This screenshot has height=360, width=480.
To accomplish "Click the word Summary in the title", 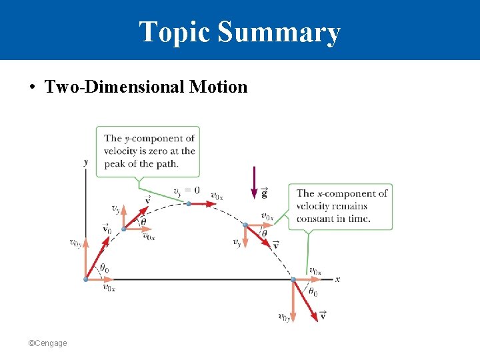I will point(279,32).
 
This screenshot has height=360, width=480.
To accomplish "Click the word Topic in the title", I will point(174,32).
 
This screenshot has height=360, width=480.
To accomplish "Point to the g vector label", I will point(265,193).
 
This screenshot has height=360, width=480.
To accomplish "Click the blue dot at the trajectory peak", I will point(189,203).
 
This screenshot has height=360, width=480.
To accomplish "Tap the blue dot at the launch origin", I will point(85,279).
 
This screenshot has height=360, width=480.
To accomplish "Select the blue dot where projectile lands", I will point(293,279).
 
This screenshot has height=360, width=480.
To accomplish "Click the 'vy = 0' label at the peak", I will point(186,191).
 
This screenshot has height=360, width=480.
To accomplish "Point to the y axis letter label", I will point(85,161).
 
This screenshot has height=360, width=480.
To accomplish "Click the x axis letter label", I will point(337,279).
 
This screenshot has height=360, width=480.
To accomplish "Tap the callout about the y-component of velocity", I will point(148,151).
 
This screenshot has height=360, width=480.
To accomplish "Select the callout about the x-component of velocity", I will point(341,206).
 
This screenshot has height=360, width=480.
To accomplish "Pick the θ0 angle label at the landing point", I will point(311,292).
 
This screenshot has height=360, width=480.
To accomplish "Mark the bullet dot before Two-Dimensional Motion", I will point(32,87).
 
